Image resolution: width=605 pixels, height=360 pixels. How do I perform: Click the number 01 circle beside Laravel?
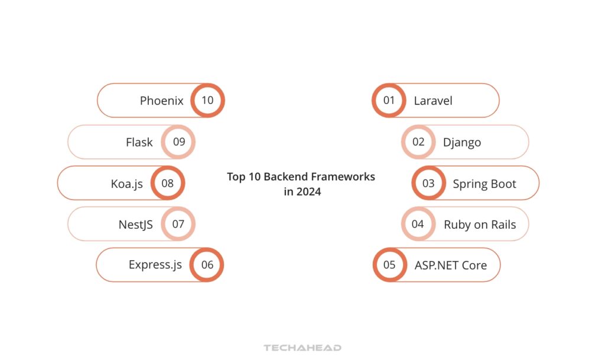click(x=388, y=100)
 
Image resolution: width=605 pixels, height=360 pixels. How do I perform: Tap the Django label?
click(x=462, y=142)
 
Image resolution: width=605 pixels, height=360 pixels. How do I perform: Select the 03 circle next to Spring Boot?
click(x=428, y=183)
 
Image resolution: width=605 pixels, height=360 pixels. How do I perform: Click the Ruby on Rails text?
click(x=480, y=225)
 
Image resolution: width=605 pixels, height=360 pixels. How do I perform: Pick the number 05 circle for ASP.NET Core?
click(x=389, y=265)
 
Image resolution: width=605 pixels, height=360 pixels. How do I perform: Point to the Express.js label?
click(x=155, y=265)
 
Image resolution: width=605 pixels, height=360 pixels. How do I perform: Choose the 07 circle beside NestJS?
click(x=178, y=224)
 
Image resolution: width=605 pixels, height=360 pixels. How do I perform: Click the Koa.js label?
click(x=127, y=183)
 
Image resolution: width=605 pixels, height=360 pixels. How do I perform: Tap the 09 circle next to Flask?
click(x=179, y=142)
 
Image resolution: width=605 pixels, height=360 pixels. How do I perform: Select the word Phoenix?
click(x=162, y=100)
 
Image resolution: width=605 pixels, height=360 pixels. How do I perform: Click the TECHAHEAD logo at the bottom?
click(x=302, y=348)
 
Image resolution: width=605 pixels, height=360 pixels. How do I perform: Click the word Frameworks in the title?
click(x=347, y=177)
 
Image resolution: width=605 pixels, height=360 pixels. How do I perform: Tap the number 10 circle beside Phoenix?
click(x=207, y=100)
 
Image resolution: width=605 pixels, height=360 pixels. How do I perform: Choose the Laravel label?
click(x=433, y=101)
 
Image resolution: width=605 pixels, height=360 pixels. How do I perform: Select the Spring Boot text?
click(x=484, y=184)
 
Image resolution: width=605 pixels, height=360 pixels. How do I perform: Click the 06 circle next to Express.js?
click(x=207, y=265)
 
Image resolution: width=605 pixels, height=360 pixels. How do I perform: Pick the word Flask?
click(x=139, y=142)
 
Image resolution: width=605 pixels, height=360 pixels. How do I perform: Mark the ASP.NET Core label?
click(x=451, y=265)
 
